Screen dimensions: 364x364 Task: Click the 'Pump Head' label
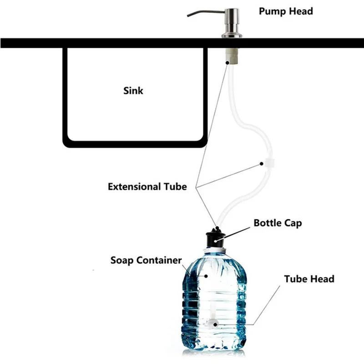point(286,11)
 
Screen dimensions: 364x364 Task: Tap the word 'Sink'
point(133,91)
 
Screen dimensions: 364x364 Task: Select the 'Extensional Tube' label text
point(147,187)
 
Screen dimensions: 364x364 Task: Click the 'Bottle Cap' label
point(278,223)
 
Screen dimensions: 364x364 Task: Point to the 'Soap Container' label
point(146,261)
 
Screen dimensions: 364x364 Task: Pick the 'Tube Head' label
point(309,278)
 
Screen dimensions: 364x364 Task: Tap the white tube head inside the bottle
point(212,324)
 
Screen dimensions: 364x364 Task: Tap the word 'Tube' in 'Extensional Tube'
point(175,187)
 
